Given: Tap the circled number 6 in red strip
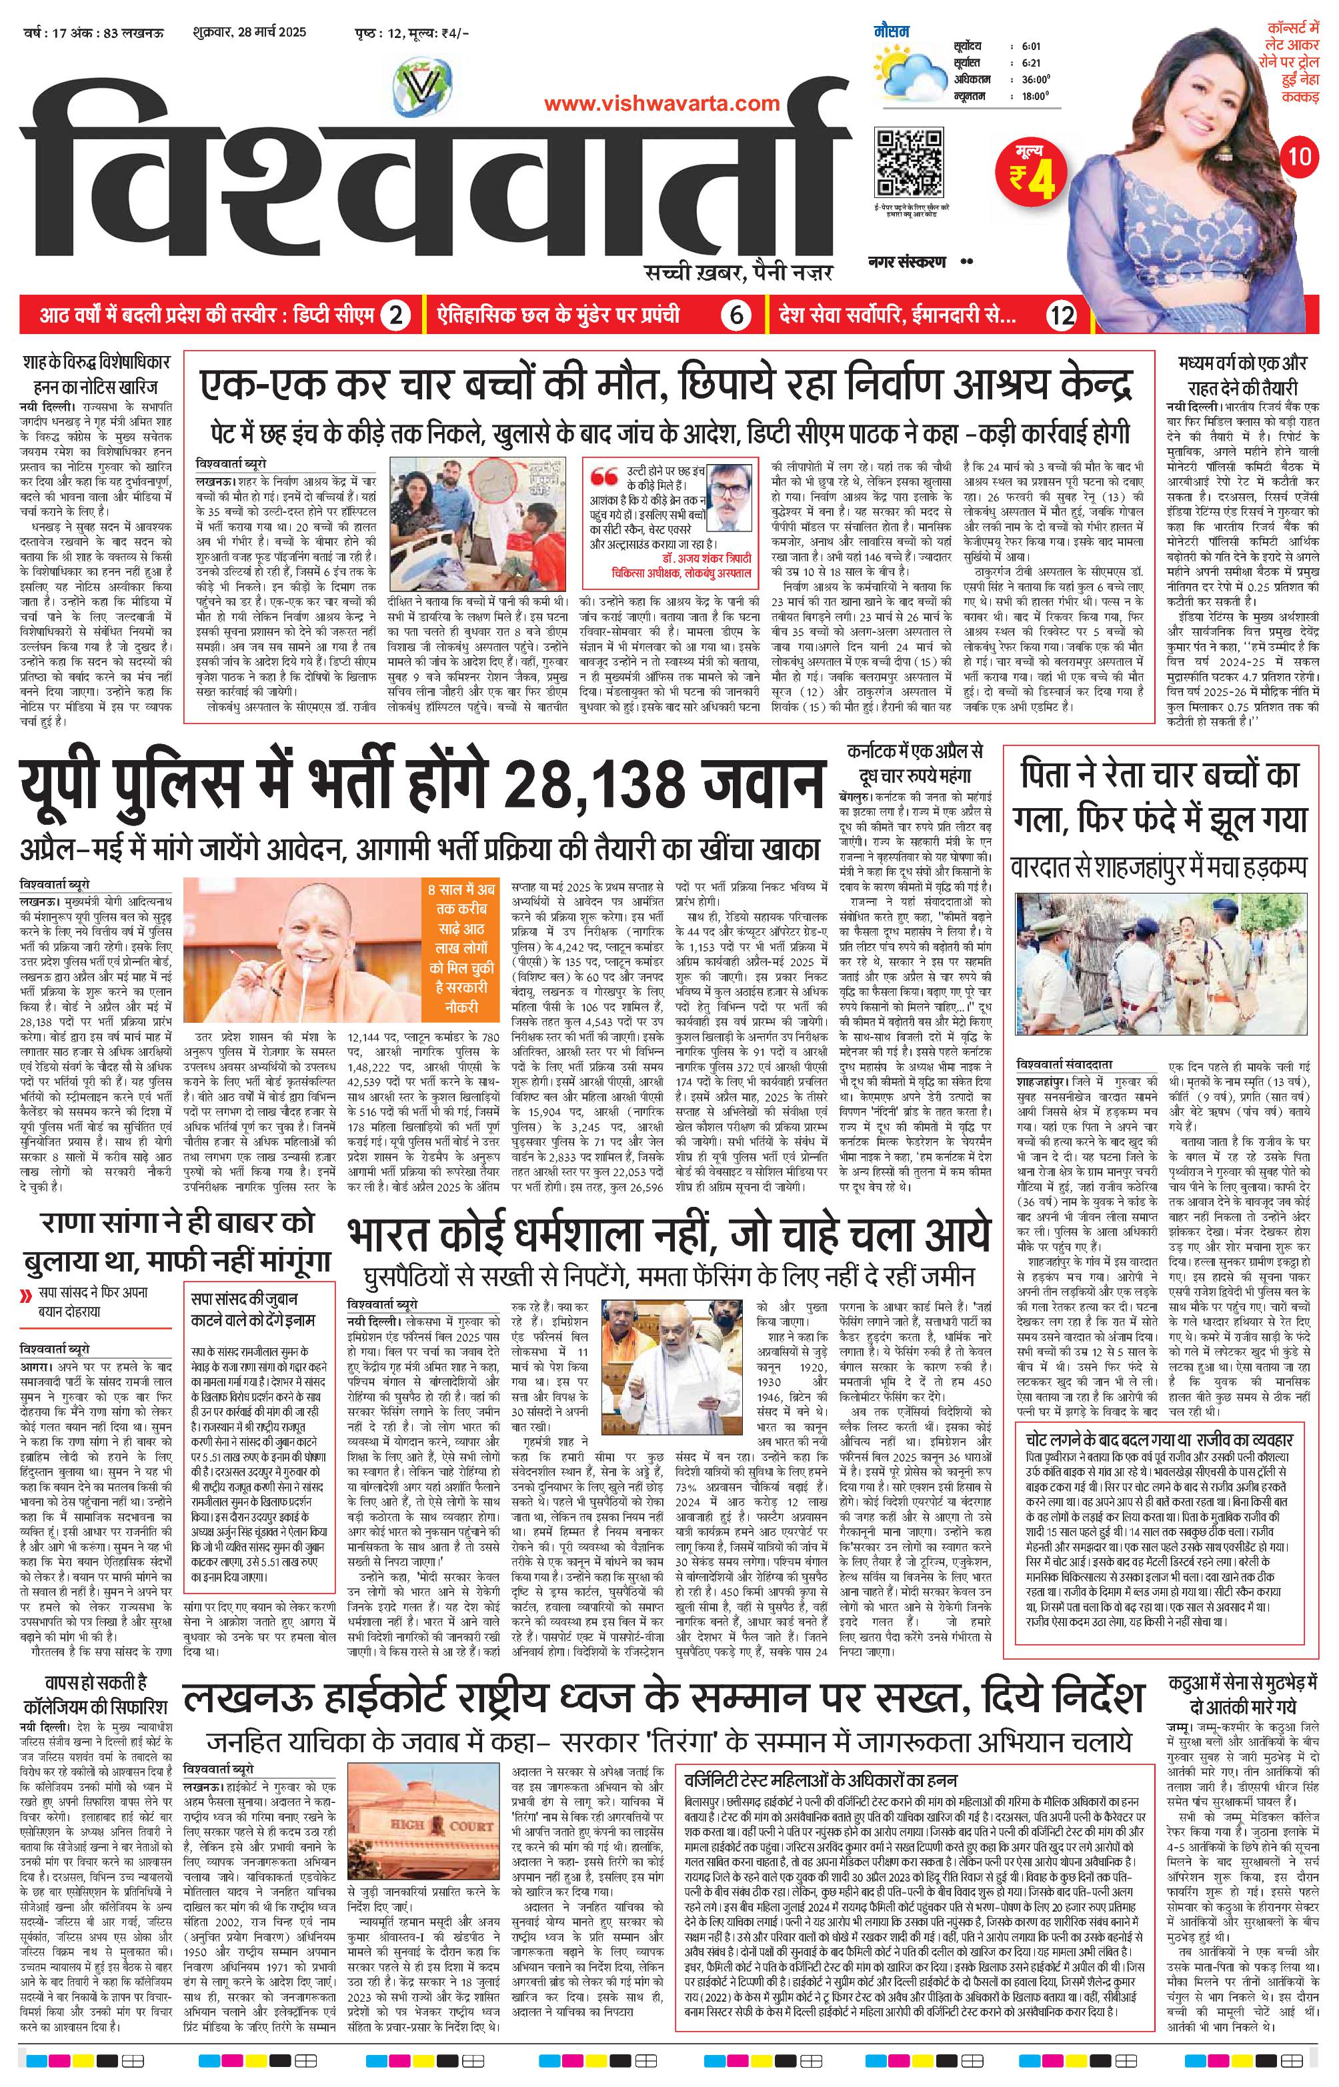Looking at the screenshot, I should [736, 315].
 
